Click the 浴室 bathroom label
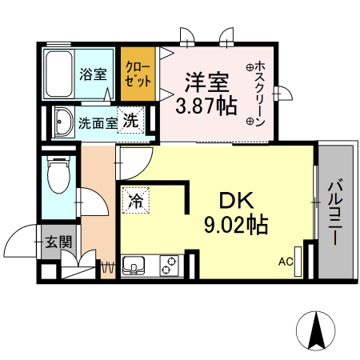[93, 74]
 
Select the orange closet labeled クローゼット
[138, 74]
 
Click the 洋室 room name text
[208, 82]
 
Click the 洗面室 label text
[97, 124]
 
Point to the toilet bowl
[58, 176]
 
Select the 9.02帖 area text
[234, 225]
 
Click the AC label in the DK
[285, 261]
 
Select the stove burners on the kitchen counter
[170, 264]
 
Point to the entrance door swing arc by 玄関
[18, 240]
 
